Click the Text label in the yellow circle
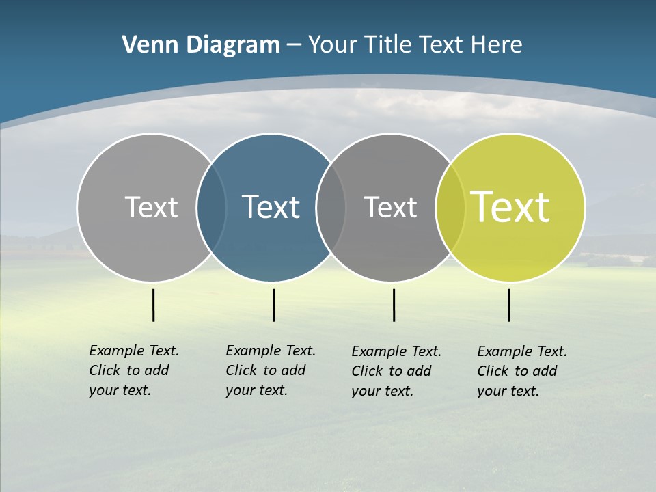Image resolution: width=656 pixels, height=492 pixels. point(510,207)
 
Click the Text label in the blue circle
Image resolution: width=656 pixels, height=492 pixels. point(271,207)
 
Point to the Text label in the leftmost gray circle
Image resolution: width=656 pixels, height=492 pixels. point(151,207)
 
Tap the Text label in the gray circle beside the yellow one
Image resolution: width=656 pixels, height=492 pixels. point(390,207)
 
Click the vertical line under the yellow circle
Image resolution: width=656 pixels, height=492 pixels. point(508,305)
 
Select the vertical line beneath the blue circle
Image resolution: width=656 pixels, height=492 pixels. point(273,305)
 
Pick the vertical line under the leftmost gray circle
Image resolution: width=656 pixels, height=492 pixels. point(153,305)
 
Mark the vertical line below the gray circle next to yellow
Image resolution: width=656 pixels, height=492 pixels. point(394,305)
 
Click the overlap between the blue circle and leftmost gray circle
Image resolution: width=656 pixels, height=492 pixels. point(212,207)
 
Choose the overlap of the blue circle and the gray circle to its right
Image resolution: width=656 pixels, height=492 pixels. point(331,207)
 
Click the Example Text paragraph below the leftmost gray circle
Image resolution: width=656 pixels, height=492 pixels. point(134,370)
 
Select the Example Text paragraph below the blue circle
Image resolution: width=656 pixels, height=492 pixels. point(271,370)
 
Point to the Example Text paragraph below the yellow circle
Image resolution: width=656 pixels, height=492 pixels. point(522,371)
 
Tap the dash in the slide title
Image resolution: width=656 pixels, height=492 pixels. point(294,45)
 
